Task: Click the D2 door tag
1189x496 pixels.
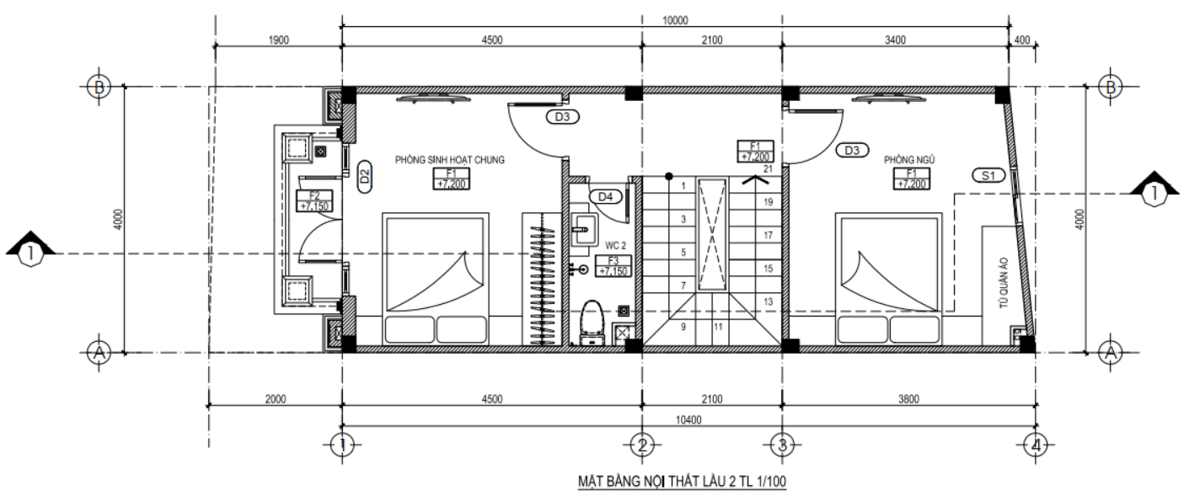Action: [365, 176]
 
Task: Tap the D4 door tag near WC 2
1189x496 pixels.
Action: [606, 197]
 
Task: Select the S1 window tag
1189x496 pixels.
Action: [988, 176]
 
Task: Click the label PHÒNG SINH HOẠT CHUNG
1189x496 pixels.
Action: [450, 160]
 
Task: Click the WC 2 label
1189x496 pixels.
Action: [616, 246]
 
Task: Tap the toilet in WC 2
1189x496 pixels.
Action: [592, 323]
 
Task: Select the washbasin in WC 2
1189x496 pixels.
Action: [584, 230]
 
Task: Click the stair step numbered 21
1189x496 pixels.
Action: [768, 169]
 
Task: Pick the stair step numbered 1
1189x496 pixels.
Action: [683, 185]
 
